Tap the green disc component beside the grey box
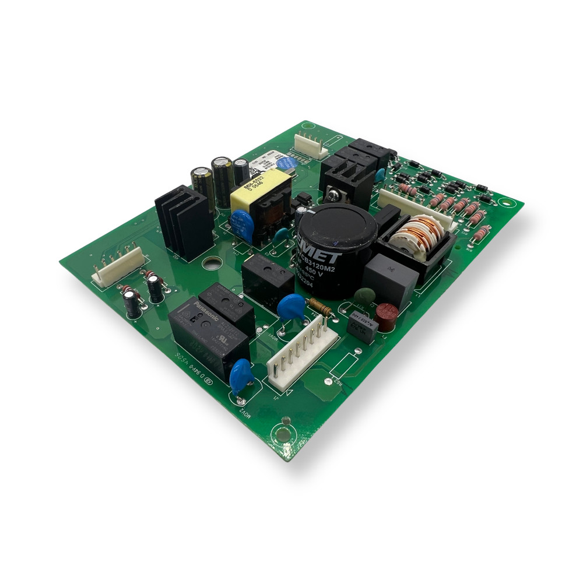click(x=362, y=296)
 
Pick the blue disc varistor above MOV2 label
click(x=241, y=376)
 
